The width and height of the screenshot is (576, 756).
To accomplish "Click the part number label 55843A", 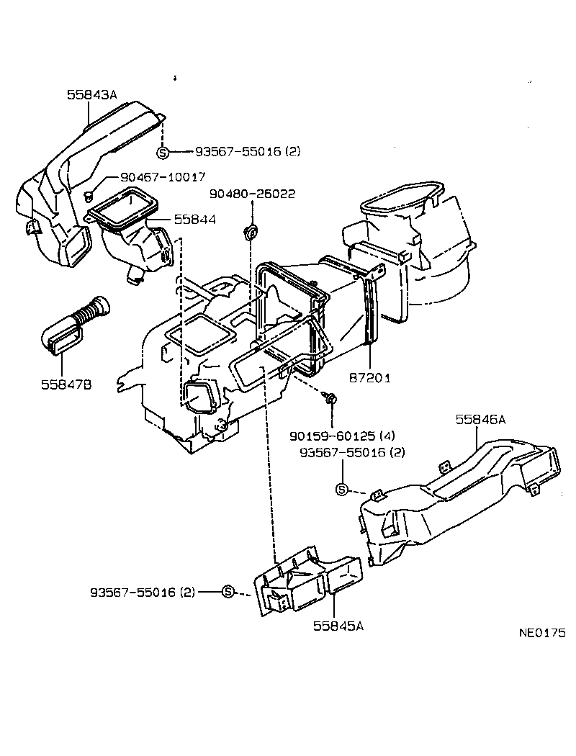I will coord(91,94).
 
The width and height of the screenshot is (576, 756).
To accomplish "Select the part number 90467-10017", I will coord(153,176).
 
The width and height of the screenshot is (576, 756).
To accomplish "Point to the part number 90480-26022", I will coord(252,194).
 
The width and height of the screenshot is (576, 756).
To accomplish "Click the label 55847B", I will coord(66,384).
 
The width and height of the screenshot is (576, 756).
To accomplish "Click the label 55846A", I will coord(480,418).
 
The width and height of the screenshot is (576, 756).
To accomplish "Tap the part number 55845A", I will coord(338,626).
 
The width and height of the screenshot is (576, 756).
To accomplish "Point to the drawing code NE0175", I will coord(542,633).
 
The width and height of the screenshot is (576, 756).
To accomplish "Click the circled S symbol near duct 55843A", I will coord(163,152).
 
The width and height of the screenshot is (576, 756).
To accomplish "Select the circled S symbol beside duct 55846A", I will coord(342,490).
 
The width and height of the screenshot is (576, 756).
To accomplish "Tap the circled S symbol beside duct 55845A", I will coord(228,592).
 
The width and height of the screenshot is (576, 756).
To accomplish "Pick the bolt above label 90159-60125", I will coord(331,397).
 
